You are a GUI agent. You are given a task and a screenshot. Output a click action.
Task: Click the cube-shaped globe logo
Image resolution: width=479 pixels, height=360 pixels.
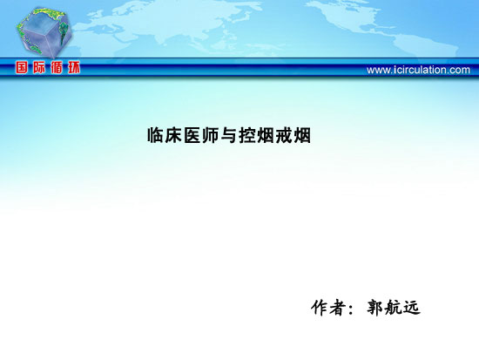pyautogui.click(x=44, y=32)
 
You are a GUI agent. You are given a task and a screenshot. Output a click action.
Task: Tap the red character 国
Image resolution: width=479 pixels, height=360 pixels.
pyautogui.click(x=22, y=67)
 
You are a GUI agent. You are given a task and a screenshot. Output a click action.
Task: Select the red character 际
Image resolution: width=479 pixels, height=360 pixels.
pyautogui.click(x=39, y=67)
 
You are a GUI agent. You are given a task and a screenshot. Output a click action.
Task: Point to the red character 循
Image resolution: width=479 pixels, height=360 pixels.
pyautogui.click(x=57, y=67)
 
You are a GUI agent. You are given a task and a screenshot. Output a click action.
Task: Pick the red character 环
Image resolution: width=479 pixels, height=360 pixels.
pyautogui.click(x=74, y=67)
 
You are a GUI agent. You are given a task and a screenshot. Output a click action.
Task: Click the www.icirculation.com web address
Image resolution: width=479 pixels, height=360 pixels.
pyautogui.click(x=418, y=70)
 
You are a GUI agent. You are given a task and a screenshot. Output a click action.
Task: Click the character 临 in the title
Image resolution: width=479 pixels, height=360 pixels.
pyautogui.click(x=156, y=135)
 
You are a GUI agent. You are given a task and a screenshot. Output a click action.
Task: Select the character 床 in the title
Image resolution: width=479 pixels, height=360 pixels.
pyautogui.click(x=174, y=135)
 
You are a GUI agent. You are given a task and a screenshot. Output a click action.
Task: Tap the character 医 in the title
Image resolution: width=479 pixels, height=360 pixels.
pyautogui.click(x=192, y=135)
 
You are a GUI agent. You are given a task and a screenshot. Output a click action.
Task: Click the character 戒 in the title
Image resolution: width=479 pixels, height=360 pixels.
pyautogui.click(x=284, y=135)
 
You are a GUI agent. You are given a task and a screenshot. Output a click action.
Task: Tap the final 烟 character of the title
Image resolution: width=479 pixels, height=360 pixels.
pyautogui.click(x=302, y=135)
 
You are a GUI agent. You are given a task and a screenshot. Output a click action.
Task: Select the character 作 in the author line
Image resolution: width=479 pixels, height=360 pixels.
pyautogui.click(x=320, y=308)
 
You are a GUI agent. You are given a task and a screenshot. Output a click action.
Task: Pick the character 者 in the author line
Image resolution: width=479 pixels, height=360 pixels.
pyautogui.click(x=338, y=308)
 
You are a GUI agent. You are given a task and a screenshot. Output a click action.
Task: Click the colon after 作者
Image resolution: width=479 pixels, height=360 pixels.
pyautogui.click(x=351, y=309)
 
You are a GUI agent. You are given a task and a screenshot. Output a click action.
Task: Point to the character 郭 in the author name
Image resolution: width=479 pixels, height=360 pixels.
pyautogui.click(x=374, y=308)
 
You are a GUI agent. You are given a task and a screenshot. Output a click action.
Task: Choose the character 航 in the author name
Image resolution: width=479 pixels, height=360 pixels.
pyautogui.click(x=394, y=308)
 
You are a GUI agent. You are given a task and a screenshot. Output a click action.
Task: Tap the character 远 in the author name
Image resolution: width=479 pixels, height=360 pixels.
pyautogui.click(x=412, y=308)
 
